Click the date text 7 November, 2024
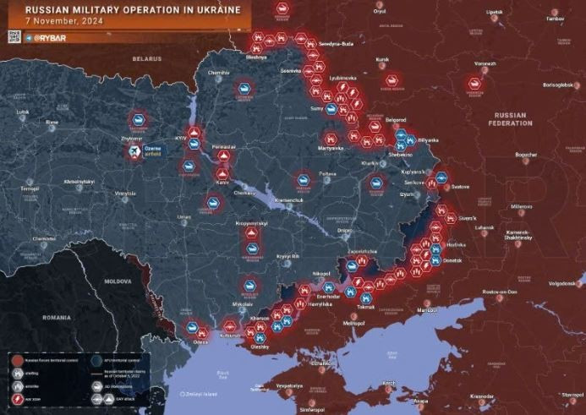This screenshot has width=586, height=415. pos(58,22)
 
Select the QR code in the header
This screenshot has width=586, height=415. pos(14,35)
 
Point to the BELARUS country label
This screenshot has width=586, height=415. pos(146,59)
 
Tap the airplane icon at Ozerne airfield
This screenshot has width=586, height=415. pos(134,151)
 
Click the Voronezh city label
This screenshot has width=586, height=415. pos(485,63)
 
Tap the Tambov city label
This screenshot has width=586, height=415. pos(556,18)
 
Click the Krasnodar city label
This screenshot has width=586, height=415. pos(482,396)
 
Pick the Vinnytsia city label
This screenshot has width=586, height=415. pos(125,194)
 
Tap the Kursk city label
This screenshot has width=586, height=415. pos(382,60)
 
